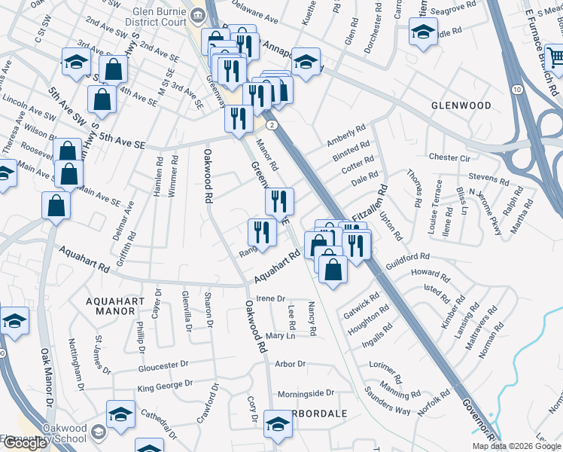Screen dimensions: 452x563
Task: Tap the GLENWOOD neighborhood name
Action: [462, 106]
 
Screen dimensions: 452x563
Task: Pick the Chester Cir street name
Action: [449, 158]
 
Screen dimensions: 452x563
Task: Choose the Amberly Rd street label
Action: [345, 135]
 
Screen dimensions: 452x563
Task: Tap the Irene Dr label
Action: [272, 299]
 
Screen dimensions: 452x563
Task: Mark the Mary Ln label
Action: [279, 335]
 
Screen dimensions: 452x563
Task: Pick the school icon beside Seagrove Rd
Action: [424, 32]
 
